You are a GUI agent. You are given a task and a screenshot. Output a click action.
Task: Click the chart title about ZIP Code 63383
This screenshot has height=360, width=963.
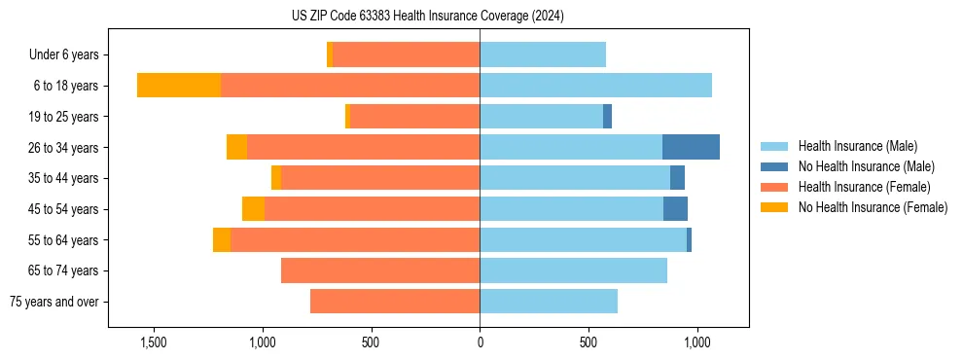click(x=428, y=16)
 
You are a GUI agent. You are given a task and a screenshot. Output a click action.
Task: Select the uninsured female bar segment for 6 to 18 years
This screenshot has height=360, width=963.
click(x=179, y=86)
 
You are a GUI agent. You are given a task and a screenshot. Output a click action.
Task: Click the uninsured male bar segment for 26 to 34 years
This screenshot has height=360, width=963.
click(x=691, y=147)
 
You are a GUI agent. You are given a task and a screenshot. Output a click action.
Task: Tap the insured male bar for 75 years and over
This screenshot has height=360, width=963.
click(x=549, y=302)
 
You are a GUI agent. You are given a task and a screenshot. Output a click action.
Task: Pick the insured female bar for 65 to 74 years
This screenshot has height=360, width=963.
click(x=380, y=270)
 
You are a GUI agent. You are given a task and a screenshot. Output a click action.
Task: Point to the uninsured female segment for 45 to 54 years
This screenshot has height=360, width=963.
click(x=253, y=209)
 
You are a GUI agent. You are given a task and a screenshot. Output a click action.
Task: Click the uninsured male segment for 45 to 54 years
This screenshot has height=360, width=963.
click(x=675, y=209)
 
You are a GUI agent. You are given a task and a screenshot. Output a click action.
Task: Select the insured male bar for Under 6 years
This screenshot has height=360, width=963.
click(x=543, y=54)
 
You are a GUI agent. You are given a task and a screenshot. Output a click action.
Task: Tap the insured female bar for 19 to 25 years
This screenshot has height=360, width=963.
click(x=414, y=117)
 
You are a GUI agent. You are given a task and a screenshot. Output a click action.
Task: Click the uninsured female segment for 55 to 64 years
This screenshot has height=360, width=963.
click(x=222, y=239)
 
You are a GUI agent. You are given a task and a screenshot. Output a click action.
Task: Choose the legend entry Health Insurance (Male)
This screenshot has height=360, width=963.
click(x=857, y=146)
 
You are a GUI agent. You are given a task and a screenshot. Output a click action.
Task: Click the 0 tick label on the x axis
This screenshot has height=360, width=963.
click(x=480, y=343)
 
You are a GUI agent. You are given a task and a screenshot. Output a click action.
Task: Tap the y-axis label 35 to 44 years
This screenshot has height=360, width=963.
click(x=63, y=178)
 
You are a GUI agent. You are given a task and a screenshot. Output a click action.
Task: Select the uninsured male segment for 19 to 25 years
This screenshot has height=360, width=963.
click(x=607, y=117)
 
